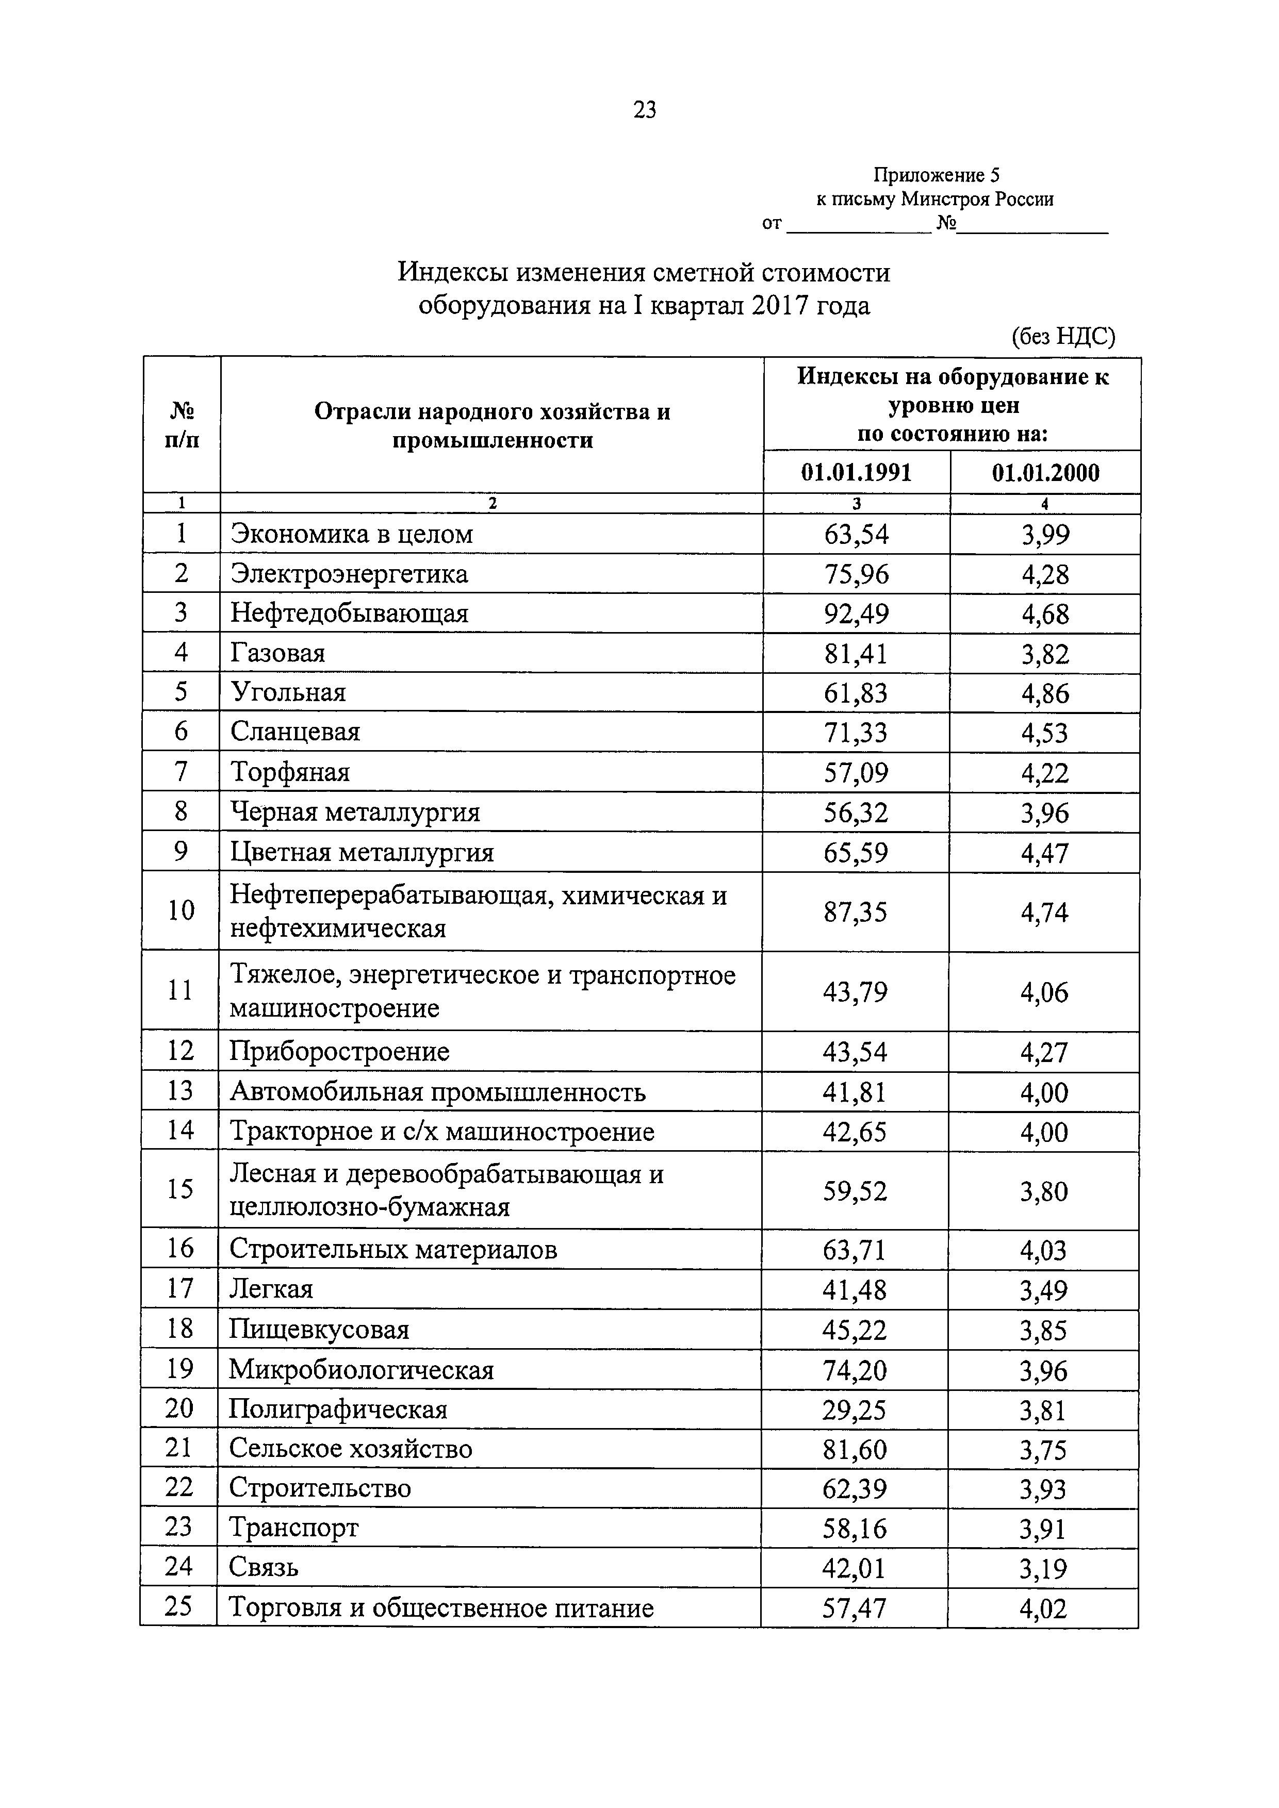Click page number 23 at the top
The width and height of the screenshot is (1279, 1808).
pos(644,110)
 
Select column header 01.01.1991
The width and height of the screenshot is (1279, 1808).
pos(856,472)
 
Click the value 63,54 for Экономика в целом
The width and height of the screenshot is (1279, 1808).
pos(856,535)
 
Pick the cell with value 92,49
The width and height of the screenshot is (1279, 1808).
pos(856,613)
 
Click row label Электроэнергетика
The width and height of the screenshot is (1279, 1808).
pos(349,574)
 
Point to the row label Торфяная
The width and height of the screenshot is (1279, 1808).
pos(290,772)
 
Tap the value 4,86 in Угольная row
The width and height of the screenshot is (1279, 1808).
pos(1045,693)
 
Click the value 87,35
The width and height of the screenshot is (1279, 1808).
pos(855,912)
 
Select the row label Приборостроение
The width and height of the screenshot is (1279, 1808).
pos(339,1051)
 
